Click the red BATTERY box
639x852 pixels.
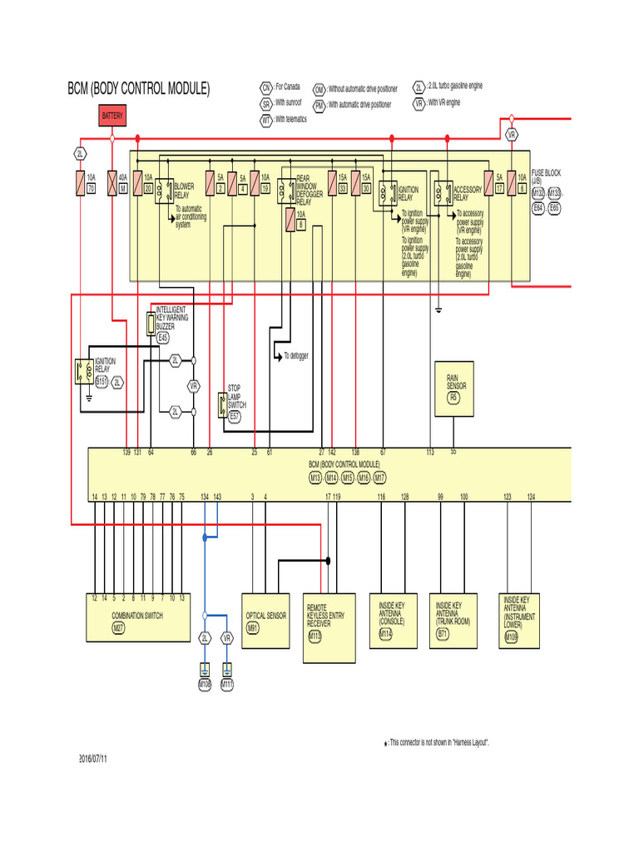point(112,116)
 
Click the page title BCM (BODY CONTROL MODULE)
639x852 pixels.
point(139,89)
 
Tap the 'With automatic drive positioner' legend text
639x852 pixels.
point(359,105)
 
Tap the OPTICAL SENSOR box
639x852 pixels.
point(265,617)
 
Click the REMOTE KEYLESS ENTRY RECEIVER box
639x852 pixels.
point(328,627)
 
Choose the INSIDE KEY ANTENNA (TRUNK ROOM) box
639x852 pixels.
point(453,620)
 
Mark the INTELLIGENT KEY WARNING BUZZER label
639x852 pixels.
point(176,319)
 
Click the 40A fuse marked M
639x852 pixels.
point(122,182)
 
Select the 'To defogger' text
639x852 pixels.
point(295,356)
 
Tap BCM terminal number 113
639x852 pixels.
point(430,453)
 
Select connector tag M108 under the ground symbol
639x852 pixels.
point(205,685)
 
